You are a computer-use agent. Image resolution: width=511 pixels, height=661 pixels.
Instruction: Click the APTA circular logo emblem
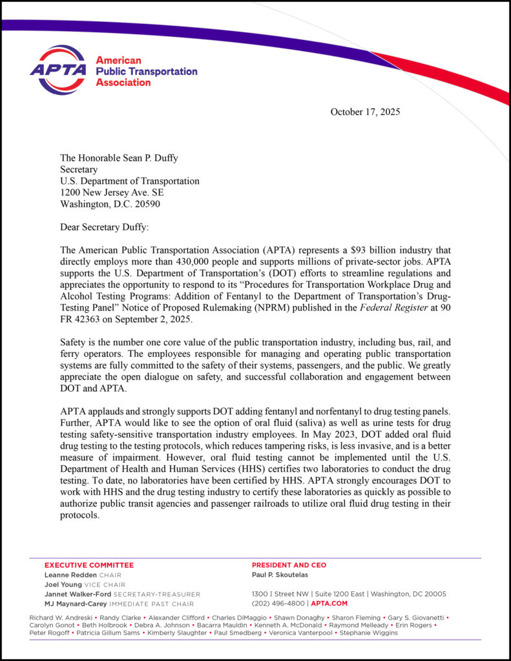(x=58, y=70)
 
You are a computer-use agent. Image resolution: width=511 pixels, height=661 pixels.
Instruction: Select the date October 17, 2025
(x=365, y=112)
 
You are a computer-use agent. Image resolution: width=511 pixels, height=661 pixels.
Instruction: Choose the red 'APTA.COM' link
(x=329, y=604)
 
